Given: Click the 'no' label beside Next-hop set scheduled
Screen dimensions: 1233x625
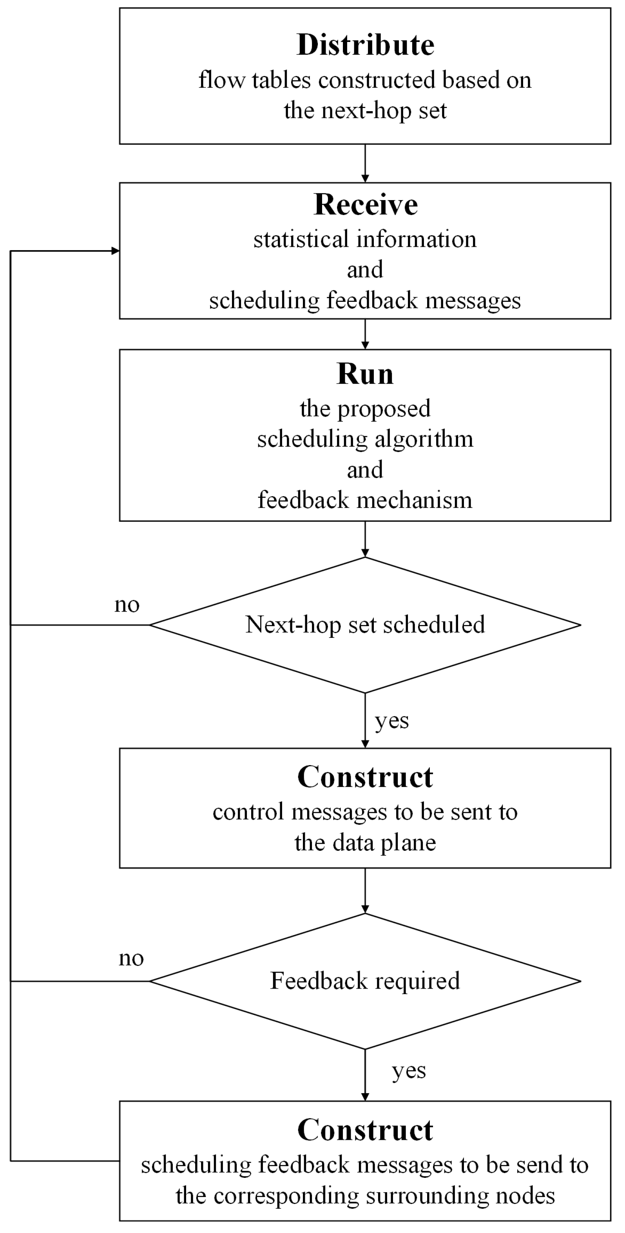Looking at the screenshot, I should coord(127,605).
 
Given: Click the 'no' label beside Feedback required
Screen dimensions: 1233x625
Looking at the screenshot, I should coord(131,958).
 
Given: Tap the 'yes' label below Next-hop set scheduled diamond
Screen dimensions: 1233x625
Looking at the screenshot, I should coord(392,720).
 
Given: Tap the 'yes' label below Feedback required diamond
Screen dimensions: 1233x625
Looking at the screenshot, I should coord(409,1071).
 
